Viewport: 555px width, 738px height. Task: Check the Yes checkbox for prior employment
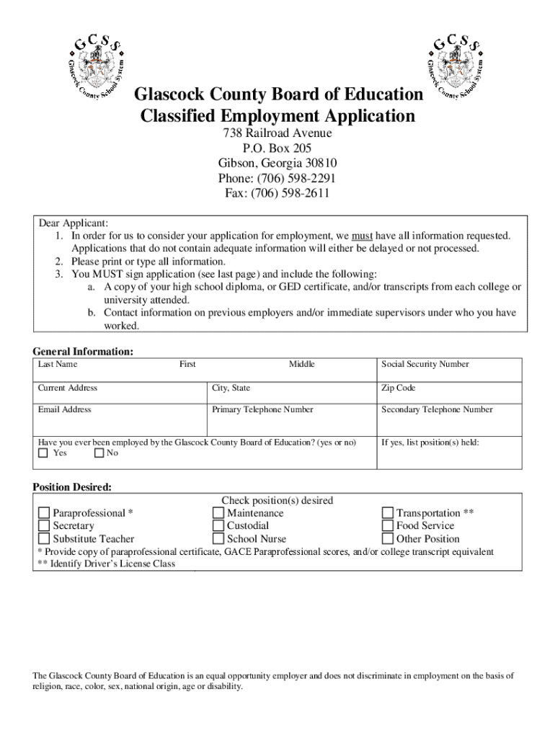(x=43, y=453)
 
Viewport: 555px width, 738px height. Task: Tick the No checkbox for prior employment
(x=99, y=453)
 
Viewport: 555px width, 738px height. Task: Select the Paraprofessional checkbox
(x=44, y=513)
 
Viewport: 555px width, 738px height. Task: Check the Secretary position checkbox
(x=44, y=526)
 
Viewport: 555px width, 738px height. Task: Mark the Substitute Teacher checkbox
(x=44, y=539)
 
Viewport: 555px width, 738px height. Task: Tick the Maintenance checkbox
(x=218, y=513)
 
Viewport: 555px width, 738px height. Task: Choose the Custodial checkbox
(x=218, y=526)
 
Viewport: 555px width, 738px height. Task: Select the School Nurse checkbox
(x=218, y=539)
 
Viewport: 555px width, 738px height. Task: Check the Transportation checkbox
(x=387, y=513)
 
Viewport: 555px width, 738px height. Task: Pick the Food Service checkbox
(x=387, y=526)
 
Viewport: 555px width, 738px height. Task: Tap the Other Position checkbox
(x=387, y=539)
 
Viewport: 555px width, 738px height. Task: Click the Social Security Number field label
(x=425, y=365)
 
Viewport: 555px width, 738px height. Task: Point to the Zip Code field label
(x=398, y=388)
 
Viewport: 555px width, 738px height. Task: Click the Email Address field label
(x=65, y=410)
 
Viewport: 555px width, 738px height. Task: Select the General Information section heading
(x=83, y=352)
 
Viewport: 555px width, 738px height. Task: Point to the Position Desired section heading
(x=72, y=487)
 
